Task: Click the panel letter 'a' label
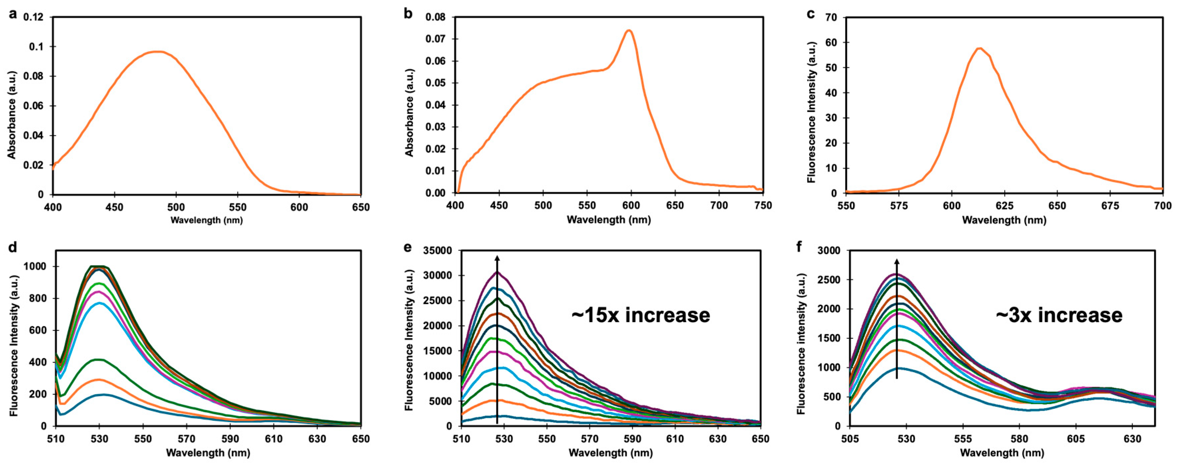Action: click(x=13, y=14)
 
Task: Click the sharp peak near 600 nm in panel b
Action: click(x=629, y=31)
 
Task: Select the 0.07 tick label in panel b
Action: click(x=435, y=39)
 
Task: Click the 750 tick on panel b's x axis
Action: click(x=762, y=206)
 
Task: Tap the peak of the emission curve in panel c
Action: click(x=979, y=48)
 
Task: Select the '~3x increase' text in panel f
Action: click(x=1059, y=315)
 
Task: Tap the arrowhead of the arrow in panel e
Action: click(x=497, y=259)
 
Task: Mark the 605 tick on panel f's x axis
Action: click(x=1076, y=439)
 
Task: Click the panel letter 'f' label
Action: click(x=799, y=247)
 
